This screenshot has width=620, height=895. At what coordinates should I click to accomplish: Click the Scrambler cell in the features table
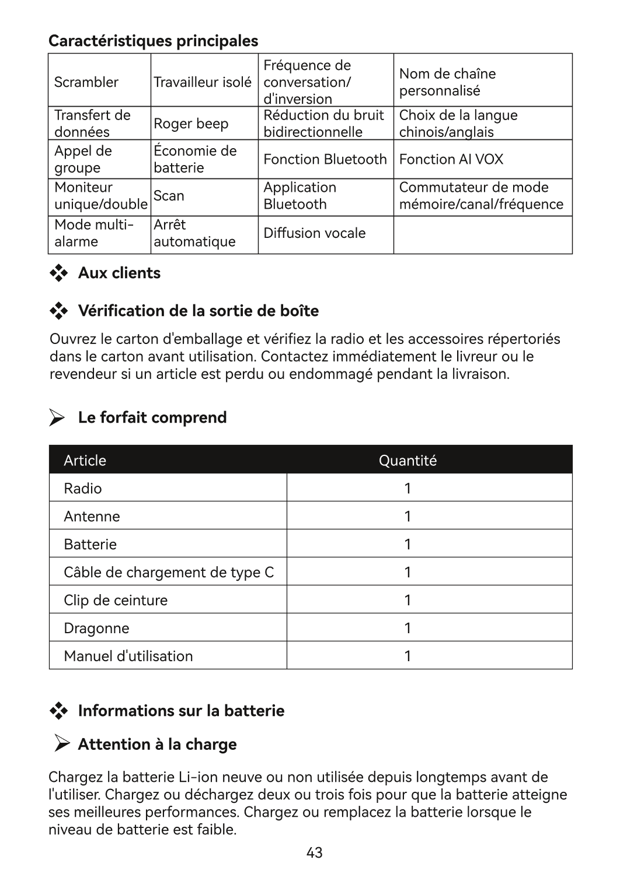coord(86,82)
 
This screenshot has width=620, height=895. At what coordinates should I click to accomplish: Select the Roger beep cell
coord(191,124)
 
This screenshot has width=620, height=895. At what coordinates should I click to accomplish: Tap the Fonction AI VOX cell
coord(451,159)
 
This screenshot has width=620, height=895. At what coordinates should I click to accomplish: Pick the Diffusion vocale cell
coord(314,233)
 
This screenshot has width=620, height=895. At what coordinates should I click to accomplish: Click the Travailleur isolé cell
coord(202,82)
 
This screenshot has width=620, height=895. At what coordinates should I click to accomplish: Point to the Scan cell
coord(169,196)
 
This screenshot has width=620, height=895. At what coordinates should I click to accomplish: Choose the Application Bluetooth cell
coord(300,196)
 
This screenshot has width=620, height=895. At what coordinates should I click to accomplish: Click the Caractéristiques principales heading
coord(153,41)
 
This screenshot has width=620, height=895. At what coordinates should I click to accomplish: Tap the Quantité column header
coord(407,461)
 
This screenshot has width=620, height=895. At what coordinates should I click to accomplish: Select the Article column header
coord(85,461)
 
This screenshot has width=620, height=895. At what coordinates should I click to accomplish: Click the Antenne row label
coord(92,517)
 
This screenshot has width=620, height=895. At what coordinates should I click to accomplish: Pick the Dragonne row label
coord(96,629)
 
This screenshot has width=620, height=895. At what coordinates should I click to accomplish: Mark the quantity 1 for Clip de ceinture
coord(407,601)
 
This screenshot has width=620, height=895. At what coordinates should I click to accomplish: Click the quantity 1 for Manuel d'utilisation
coord(407,657)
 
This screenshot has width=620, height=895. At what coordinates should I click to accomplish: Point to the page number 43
coord(314,853)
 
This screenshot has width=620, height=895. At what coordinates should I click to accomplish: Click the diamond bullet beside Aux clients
coord(58,273)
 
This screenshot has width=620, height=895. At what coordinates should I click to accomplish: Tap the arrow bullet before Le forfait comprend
coord(57,418)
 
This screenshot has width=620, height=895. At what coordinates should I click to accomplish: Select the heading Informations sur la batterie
coord(181,711)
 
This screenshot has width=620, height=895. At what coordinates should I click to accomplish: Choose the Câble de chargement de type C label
coord(169,573)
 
